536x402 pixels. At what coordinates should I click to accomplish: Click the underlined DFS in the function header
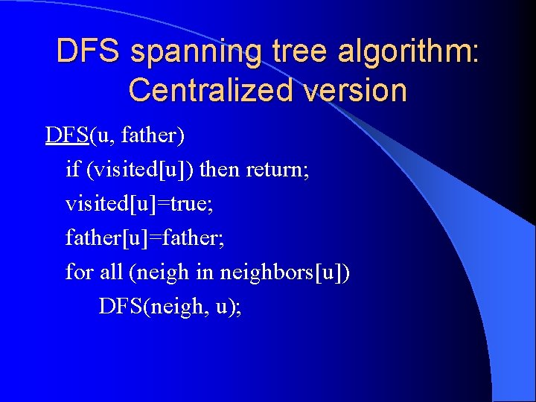(67, 135)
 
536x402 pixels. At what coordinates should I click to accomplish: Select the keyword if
(72, 170)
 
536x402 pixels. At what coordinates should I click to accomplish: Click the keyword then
(220, 170)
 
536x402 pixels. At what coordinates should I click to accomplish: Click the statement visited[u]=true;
(135, 203)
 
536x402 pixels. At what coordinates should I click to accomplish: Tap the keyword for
(79, 272)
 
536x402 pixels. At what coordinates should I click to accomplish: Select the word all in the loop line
(111, 272)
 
